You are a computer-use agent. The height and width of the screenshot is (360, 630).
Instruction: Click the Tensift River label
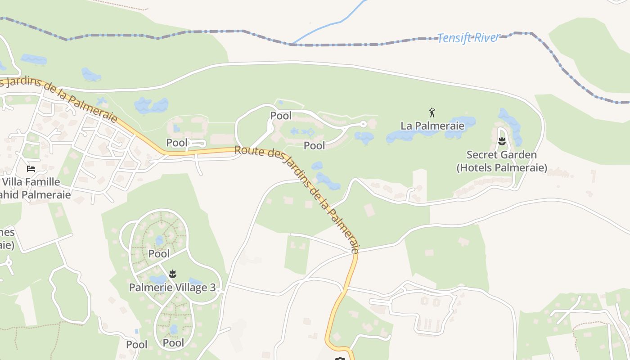[x=468, y=38]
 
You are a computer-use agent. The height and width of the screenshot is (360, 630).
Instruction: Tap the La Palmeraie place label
[x=432, y=126]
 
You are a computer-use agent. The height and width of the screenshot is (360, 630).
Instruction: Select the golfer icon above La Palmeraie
[x=432, y=112]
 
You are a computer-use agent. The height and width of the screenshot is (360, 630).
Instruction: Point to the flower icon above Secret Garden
[x=502, y=142]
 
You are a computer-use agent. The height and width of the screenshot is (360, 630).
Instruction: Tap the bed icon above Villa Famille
[x=31, y=169]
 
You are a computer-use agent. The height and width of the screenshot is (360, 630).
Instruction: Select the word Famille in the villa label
[x=43, y=182]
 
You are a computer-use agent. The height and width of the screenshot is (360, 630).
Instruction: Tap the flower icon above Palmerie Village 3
[x=172, y=274]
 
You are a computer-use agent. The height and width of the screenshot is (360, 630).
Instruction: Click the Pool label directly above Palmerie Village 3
[x=159, y=254]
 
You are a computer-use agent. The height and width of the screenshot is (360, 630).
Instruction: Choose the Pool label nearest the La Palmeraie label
[x=314, y=145]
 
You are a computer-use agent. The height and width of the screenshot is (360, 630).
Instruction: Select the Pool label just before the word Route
[x=177, y=143]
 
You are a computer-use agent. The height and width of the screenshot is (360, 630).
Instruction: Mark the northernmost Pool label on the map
[x=281, y=116]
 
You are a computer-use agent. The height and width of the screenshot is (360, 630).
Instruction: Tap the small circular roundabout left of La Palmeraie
[x=363, y=124]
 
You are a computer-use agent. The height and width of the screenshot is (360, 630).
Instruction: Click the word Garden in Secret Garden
[x=517, y=155]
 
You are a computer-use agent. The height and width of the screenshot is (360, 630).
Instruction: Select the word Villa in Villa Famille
[x=12, y=182]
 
